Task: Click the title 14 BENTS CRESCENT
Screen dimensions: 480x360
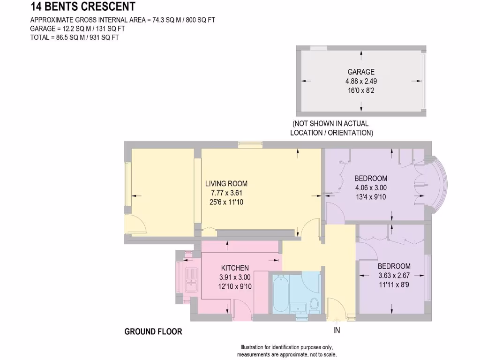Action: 83,6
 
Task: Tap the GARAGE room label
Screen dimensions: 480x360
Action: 361,72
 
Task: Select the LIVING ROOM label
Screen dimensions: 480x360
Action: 226,184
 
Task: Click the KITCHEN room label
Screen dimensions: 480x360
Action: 235,268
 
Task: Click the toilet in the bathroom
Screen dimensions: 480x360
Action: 314,305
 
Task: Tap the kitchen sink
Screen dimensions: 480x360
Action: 191,280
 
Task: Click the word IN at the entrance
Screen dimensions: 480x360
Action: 337,330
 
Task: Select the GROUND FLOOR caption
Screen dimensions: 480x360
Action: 153,331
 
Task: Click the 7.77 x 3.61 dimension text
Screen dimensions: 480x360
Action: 226,193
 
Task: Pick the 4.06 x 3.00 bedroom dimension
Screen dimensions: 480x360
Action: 371,187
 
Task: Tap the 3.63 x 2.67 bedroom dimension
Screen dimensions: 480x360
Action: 394,276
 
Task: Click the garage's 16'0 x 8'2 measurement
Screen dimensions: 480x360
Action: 361,90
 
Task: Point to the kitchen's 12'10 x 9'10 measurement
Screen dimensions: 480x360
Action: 235,286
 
